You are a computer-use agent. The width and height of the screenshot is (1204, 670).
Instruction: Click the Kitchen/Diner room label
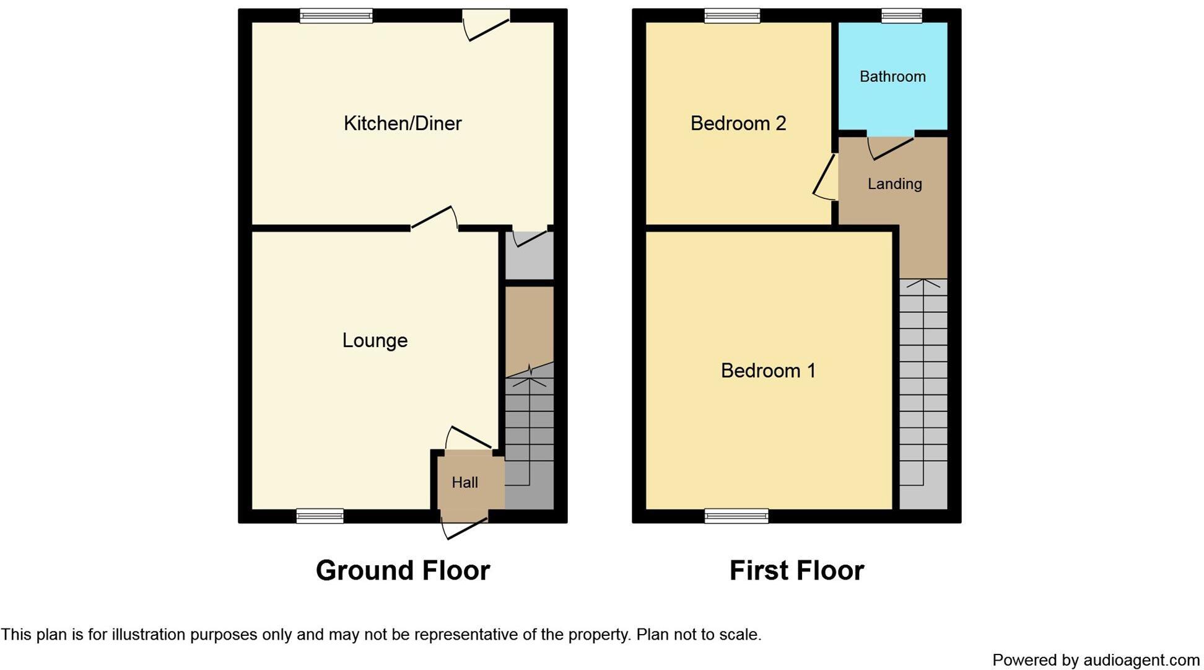pos(403,123)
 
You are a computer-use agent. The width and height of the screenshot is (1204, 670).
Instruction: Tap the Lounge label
pos(375,340)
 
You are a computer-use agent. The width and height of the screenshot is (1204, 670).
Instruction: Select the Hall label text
pos(465,482)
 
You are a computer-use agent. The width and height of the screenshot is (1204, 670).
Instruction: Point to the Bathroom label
pos(892,76)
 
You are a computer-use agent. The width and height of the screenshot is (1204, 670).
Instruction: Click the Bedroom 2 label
pos(738,123)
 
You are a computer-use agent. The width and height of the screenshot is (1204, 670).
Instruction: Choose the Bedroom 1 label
pos(768,371)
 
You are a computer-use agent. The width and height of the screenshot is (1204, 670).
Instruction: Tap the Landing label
pos(894,183)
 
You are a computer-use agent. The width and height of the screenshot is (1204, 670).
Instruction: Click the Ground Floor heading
pos(403,570)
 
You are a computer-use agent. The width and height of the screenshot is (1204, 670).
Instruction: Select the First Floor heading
pos(796,570)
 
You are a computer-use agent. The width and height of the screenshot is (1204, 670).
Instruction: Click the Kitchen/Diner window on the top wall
pos(336,15)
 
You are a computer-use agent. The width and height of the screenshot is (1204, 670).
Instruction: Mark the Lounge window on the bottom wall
pos(320,516)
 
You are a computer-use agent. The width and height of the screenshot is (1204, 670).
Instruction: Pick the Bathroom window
pos(901,15)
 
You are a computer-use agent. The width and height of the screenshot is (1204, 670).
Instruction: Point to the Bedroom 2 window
pos(732,15)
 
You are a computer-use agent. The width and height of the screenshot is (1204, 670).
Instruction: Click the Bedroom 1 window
pos(736,516)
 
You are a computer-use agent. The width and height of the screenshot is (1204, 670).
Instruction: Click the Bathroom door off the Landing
pos(891,148)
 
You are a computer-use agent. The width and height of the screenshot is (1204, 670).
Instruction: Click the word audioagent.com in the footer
pos(1141,660)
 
